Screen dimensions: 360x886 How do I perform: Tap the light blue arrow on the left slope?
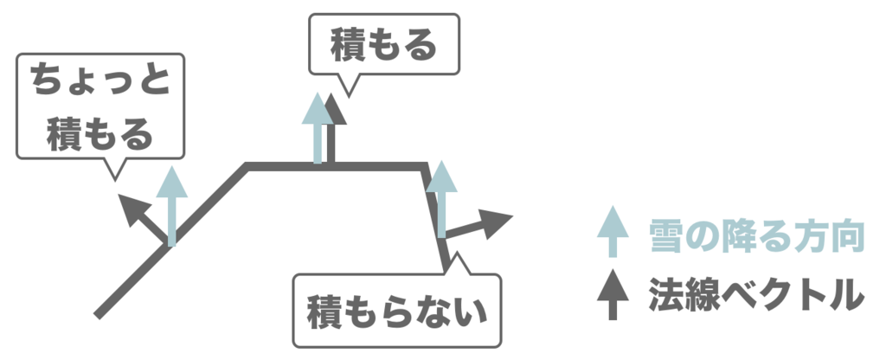point(172,208)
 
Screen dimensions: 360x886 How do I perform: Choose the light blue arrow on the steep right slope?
point(442,199)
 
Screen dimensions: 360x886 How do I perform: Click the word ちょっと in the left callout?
point(102,82)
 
